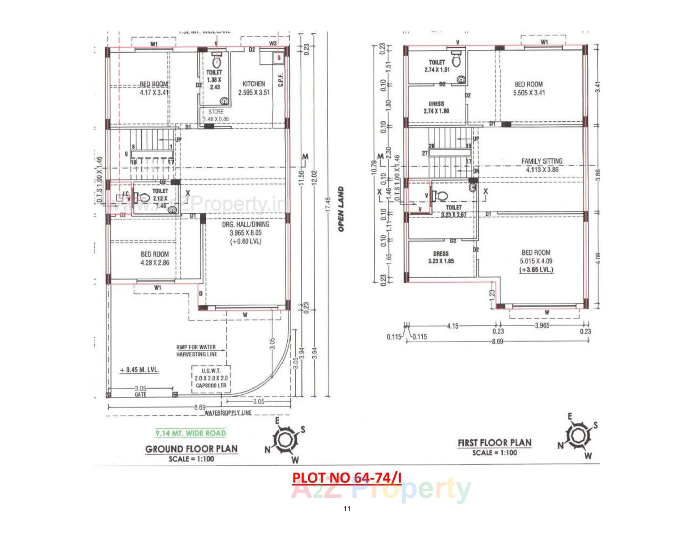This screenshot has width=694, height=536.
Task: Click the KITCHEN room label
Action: click(253, 84)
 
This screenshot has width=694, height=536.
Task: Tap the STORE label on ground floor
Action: click(216, 112)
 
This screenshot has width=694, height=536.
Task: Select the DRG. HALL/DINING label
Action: click(245, 224)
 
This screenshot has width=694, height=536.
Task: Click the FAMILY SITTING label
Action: click(541, 161)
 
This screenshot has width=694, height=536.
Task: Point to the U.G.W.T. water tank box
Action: click(211, 378)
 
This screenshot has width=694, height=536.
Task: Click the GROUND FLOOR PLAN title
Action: click(191, 449)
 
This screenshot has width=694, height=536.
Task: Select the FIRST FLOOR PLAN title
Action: click(494, 443)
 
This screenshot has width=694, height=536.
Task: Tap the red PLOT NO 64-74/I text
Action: click(347, 478)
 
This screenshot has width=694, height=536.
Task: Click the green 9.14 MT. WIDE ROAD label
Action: click(190, 433)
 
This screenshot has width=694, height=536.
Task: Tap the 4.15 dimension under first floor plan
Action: click(453, 326)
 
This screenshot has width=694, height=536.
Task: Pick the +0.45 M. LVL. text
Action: click(139, 370)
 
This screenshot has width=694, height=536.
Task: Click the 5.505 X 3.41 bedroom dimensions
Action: click(529, 93)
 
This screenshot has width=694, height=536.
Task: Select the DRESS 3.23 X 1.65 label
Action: click(441, 257)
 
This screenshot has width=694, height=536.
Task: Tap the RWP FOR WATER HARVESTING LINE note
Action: click(196, 351)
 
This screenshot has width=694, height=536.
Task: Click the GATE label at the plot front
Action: click(140, 394)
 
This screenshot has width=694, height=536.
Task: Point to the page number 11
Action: click(347, 509)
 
